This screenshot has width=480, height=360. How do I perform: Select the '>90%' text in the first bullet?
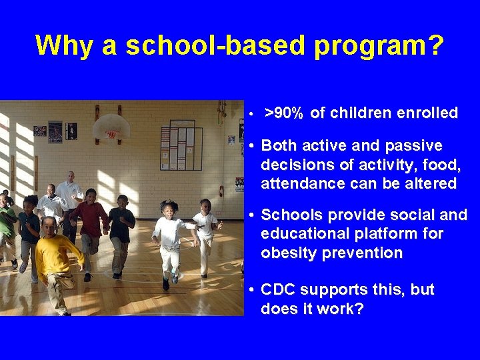tap(283, 113)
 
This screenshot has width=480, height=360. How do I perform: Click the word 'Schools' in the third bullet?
tap(290, 215)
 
